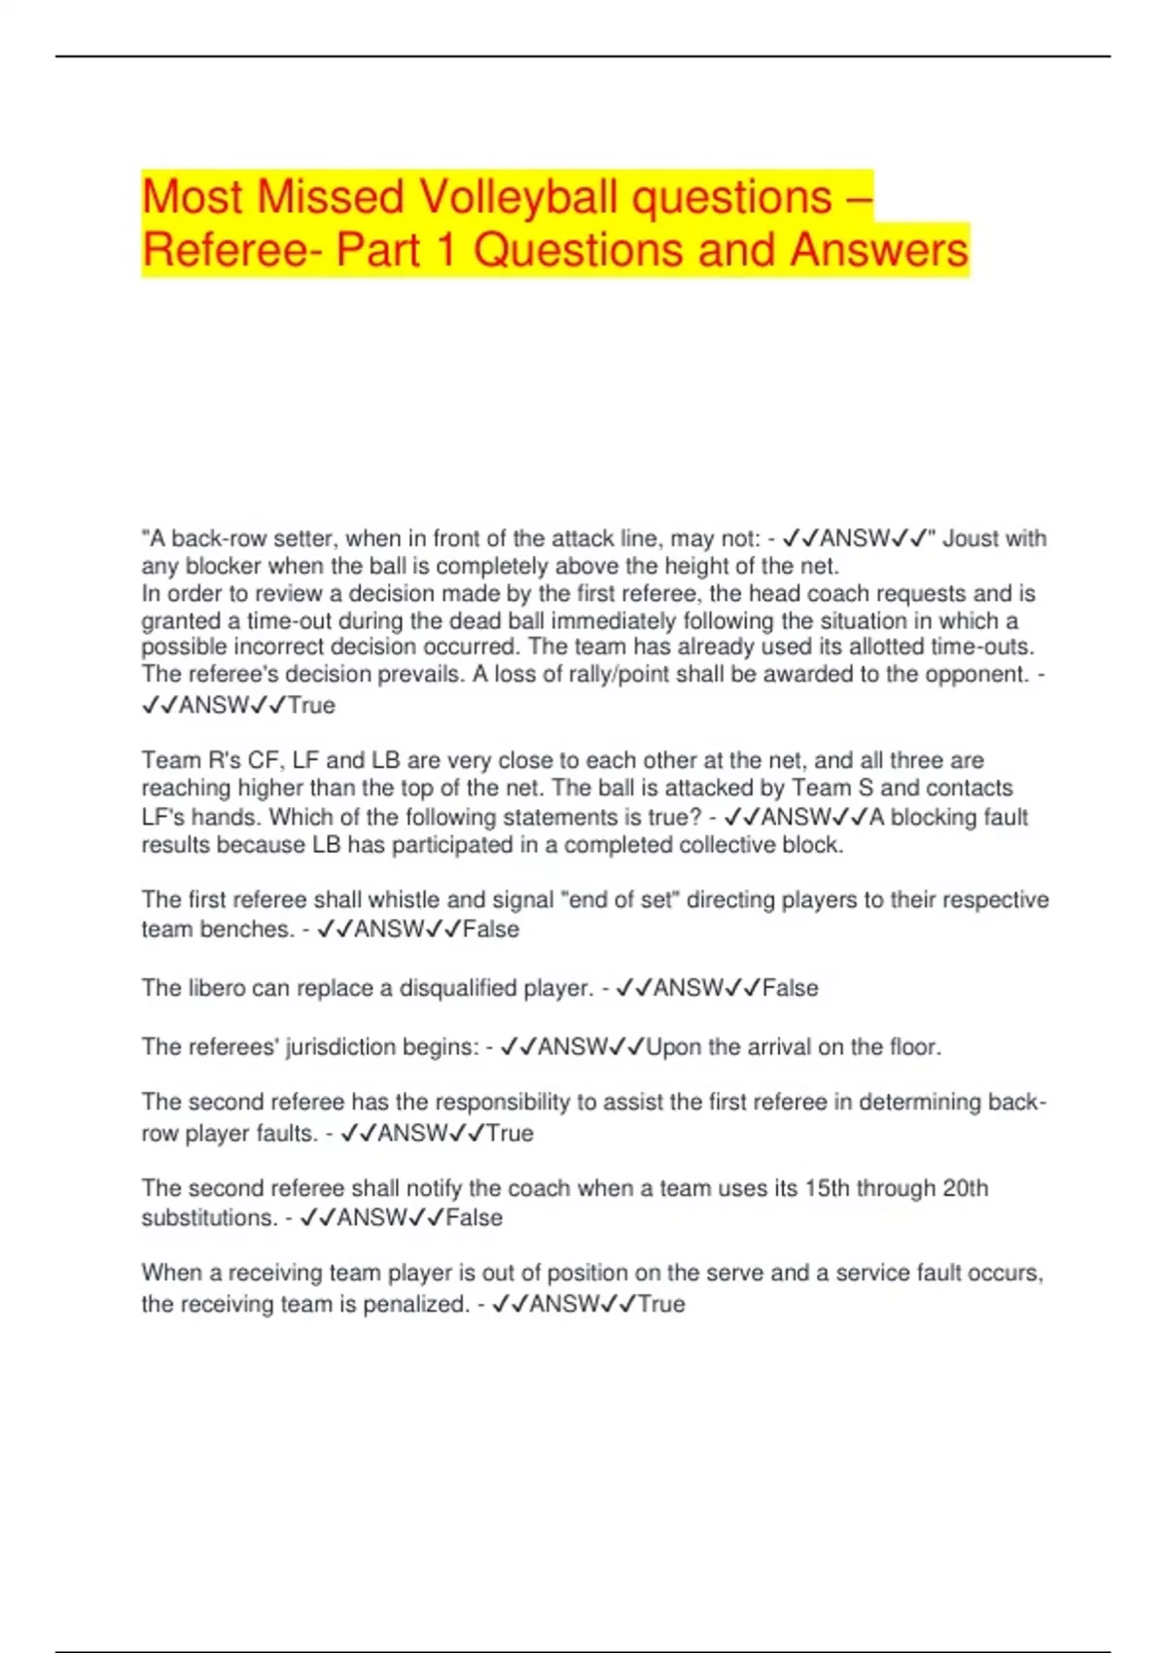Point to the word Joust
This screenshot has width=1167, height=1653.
pyautogui.click(x=972, y=539)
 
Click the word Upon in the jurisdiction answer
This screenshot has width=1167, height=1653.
pyautogui.click(x=673, y=1047)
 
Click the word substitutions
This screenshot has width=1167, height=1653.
pyautogui.click(x=208, y=1218)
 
